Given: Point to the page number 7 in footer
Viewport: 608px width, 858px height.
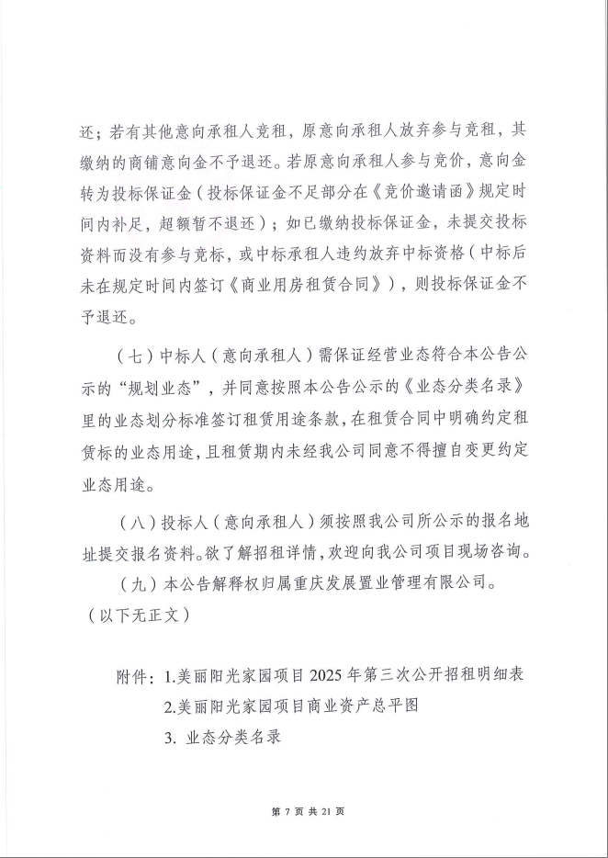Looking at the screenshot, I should (x=287, y=812).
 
